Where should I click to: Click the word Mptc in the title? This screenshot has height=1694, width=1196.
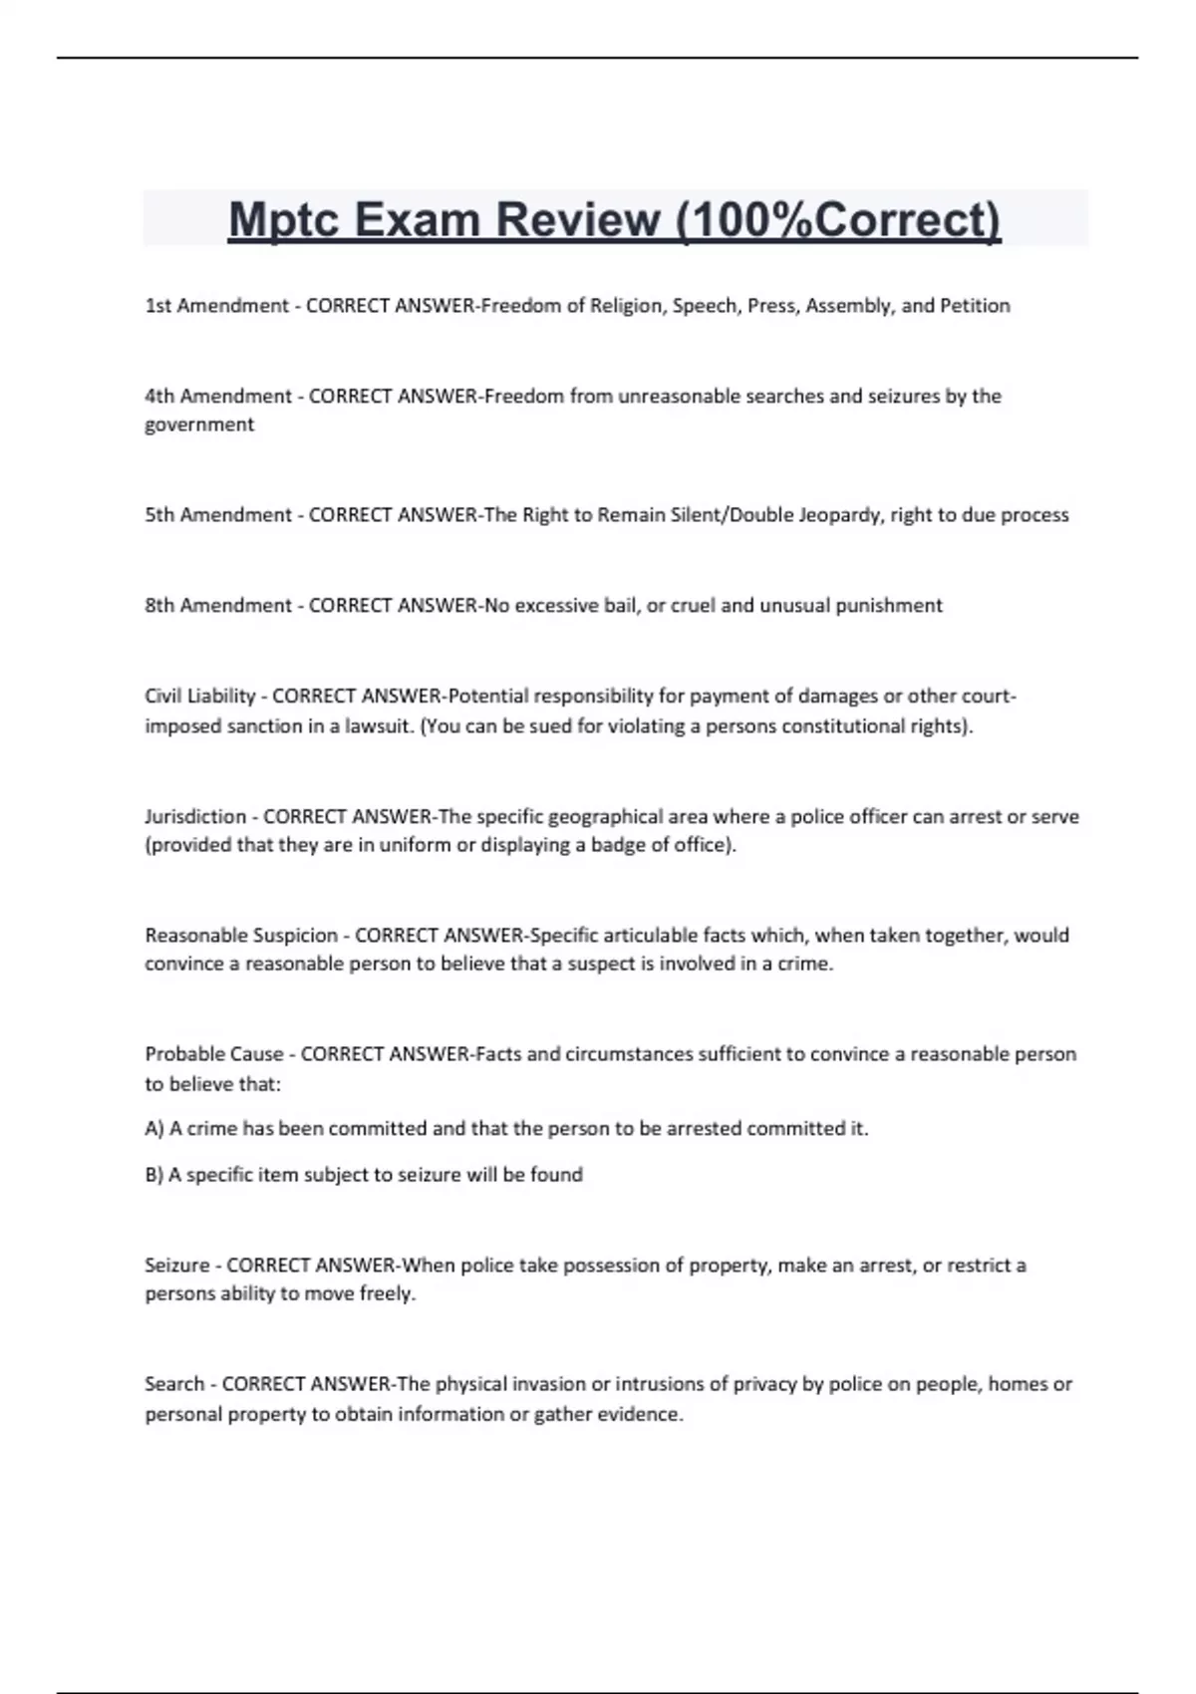point(284,219)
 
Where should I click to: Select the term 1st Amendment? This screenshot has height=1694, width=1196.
point(216,306)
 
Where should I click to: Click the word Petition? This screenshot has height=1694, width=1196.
point(975,306)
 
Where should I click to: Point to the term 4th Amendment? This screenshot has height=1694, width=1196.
point(218,397)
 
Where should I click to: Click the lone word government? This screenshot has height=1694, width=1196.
point(199,424)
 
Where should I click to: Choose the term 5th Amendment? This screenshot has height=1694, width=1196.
point(218,515)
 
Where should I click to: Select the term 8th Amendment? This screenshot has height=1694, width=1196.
point(218,606)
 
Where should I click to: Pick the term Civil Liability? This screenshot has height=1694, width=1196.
point(200,697)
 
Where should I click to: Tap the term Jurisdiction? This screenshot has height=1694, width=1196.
point(195,817)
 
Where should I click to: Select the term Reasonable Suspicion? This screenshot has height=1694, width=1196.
point(241,936)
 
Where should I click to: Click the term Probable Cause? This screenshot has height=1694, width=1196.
point(214,1054)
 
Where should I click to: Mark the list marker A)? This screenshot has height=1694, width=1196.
point(153,1129)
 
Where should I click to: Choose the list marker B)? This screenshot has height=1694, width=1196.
point(153,1175)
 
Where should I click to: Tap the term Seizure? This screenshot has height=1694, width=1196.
point(176,1266)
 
